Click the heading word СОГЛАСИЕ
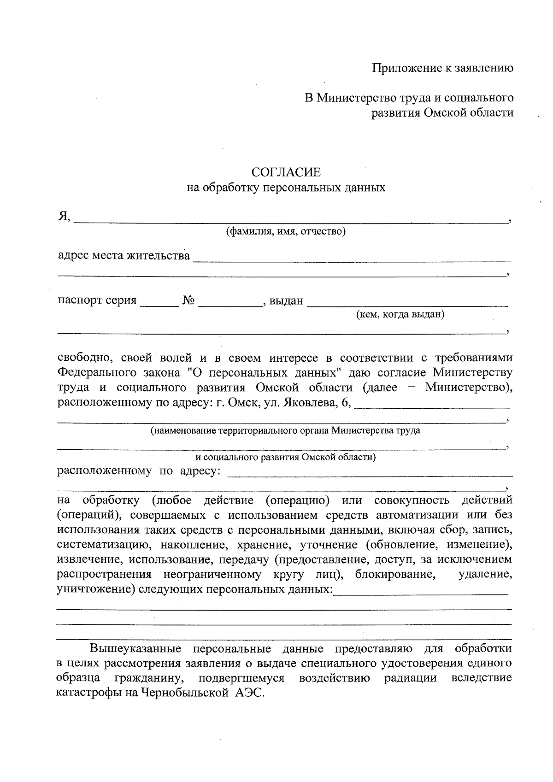pos(286,172)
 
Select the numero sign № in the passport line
pos(189,300)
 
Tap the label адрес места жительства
pos(124,255)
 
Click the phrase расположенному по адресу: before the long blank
pos(139,471)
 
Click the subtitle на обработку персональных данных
pos(286,188)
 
